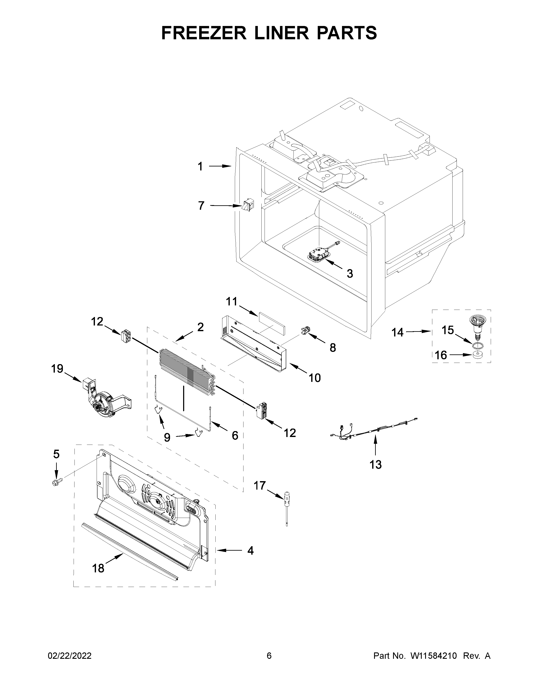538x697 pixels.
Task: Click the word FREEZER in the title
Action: [x=204, y=33]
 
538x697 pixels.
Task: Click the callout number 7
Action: [x=201, y=206]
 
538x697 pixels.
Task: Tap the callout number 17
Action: [x=260, y=495]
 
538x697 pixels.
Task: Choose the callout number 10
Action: [x=315, y=378]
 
